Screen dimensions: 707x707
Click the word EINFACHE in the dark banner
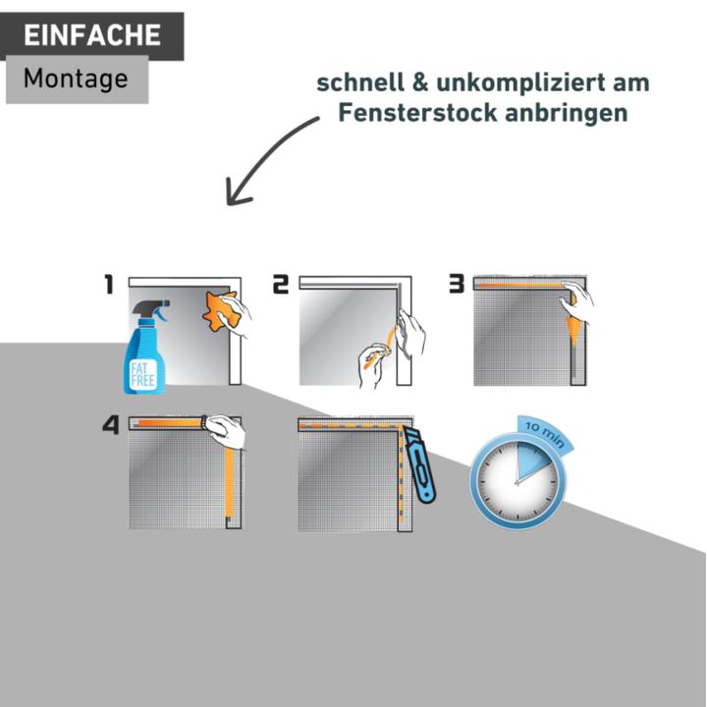tap(91, 36)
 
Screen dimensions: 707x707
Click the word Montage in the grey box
tap(76, 79)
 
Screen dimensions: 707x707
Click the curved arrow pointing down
tap(265, 157)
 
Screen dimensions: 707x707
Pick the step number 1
tap(110, 285)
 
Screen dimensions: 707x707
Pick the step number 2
tap(281, 285)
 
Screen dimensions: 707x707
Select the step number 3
tap(456, 285)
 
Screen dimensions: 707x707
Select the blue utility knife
tap(421, 465)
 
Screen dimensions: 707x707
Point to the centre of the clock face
tap(517, 481)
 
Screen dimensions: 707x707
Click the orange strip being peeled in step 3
tap(573, 328)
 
